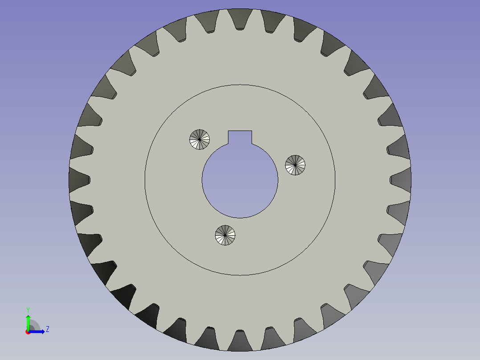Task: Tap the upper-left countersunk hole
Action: click(199, 139)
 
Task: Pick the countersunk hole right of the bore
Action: click(295, 165)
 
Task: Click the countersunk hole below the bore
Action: click(225, 235)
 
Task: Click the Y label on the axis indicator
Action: click(28, 309)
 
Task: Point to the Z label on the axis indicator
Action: click(47, 329)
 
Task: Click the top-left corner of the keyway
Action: click(228, 131)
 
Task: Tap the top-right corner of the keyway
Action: click(252, 131)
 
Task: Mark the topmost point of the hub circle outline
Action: click(240, 85)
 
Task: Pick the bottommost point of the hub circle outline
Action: click(240, 275)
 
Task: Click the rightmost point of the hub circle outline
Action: click(335, 180)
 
